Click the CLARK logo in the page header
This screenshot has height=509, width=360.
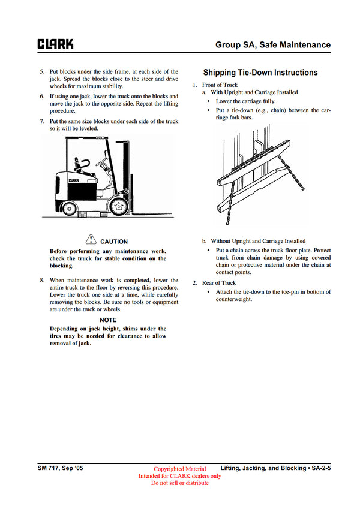click(56, 44)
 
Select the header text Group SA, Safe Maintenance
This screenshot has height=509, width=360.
click(273, 44)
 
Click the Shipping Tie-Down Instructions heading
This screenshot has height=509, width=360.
click(260, 73)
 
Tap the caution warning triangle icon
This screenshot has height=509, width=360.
click(91, 240)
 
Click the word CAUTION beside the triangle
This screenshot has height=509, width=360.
click(114, 242)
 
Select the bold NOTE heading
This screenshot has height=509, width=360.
click(108, 320)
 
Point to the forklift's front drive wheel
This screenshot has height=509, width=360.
click(119, 207)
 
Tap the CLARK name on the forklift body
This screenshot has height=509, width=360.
click(74, 179)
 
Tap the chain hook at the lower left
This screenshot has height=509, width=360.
click(229, 221)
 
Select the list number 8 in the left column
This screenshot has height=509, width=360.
click(41, 280)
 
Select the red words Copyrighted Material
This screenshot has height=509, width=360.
click(179, 469)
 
